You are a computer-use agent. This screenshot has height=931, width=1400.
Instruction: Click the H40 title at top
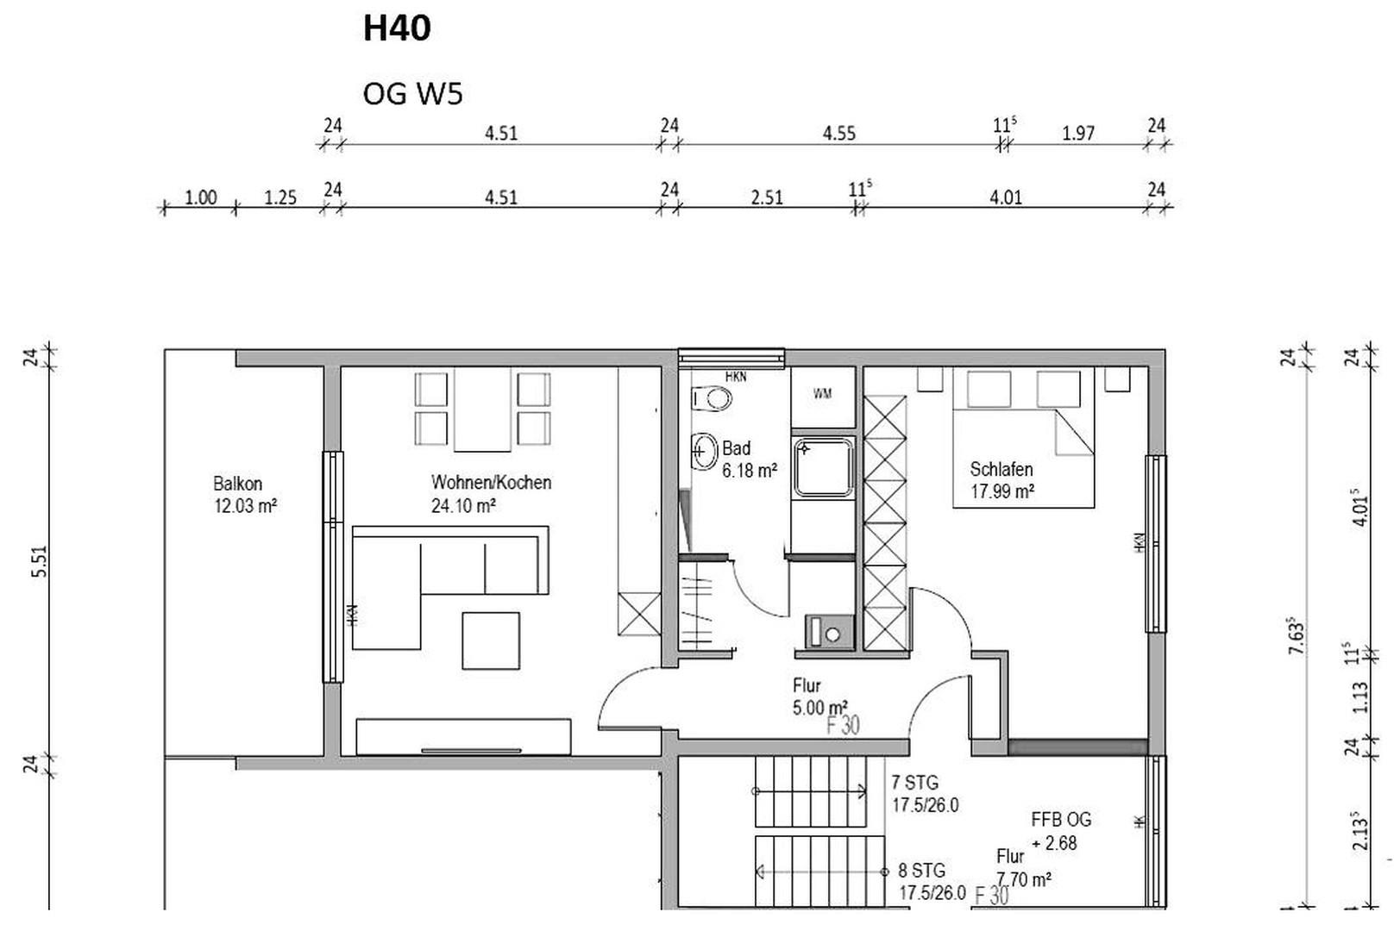click(x=396, y=28)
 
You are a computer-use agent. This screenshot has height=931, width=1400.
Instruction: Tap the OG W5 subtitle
click(x=412, y=93)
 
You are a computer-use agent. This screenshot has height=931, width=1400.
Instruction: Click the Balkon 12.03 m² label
click(x=244, y=495)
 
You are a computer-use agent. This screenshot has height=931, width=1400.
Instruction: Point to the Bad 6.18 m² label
click(x=748, y=459)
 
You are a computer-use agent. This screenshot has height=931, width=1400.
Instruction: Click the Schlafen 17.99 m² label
click(x=1001, y=480)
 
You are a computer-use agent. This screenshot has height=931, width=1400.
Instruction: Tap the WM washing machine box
click(x=823, y=394)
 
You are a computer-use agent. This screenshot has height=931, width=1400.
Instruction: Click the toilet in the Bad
click(x=713, y=398)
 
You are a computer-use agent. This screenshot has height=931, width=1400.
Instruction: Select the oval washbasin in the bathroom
click(x=705, y=451)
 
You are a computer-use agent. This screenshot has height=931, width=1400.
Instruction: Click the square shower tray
click(x=824, y=466)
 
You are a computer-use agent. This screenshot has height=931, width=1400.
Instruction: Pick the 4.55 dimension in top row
click(x=838, y=134)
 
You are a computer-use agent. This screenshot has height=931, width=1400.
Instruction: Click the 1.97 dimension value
click(x=1077, y=134)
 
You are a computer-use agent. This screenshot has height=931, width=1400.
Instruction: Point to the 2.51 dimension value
click(x=766, y=197)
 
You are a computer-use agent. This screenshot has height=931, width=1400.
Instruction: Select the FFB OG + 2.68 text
click(x=1059, y=831)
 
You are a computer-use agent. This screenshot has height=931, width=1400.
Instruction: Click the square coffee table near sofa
click(x=490, y=640)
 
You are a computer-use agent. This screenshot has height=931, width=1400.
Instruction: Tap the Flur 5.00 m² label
click(x=819, y=697)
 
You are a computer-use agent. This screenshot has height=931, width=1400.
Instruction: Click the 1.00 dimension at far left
click(x=200, y=197)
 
